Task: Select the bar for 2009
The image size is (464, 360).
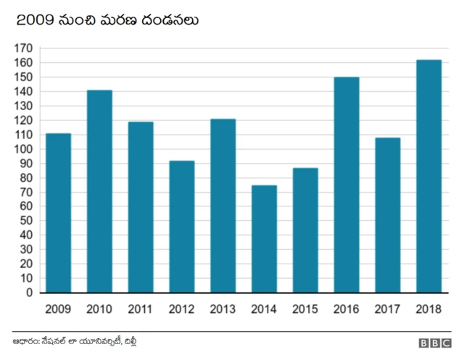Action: (58, 213)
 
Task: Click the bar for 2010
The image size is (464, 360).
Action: (99, 191)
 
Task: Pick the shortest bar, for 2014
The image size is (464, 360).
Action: (264, 239)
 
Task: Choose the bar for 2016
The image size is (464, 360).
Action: (347, 185)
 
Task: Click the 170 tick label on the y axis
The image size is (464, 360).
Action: (23, 49)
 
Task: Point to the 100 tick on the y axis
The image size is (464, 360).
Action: (23, 149)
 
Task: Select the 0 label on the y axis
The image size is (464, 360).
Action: (29, 293)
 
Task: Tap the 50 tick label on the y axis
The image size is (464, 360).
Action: (26, 221)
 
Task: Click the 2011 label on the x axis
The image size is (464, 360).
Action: (140, 309)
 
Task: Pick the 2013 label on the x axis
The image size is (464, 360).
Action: (223, 309)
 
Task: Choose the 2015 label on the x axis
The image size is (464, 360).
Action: (305, 309)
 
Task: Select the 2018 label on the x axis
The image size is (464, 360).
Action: (429, 309)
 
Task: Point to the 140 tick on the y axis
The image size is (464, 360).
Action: (23, 92)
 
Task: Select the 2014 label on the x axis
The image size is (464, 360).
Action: (264, 309)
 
